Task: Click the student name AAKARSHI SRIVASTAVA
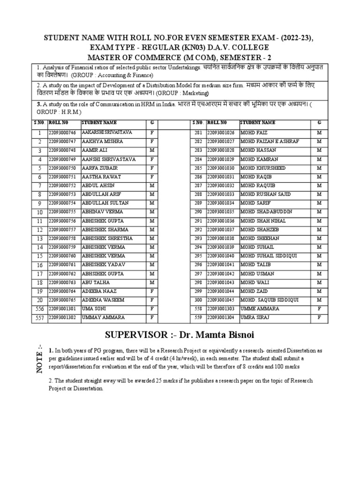(x=107, y=133)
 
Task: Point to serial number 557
(x=40, y=318)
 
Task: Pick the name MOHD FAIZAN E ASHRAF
(x=269, y=141)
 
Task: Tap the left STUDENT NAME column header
(x=100, y=122)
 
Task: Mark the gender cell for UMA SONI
(x=152, y=309)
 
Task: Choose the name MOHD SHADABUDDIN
(x=266, y=212)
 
